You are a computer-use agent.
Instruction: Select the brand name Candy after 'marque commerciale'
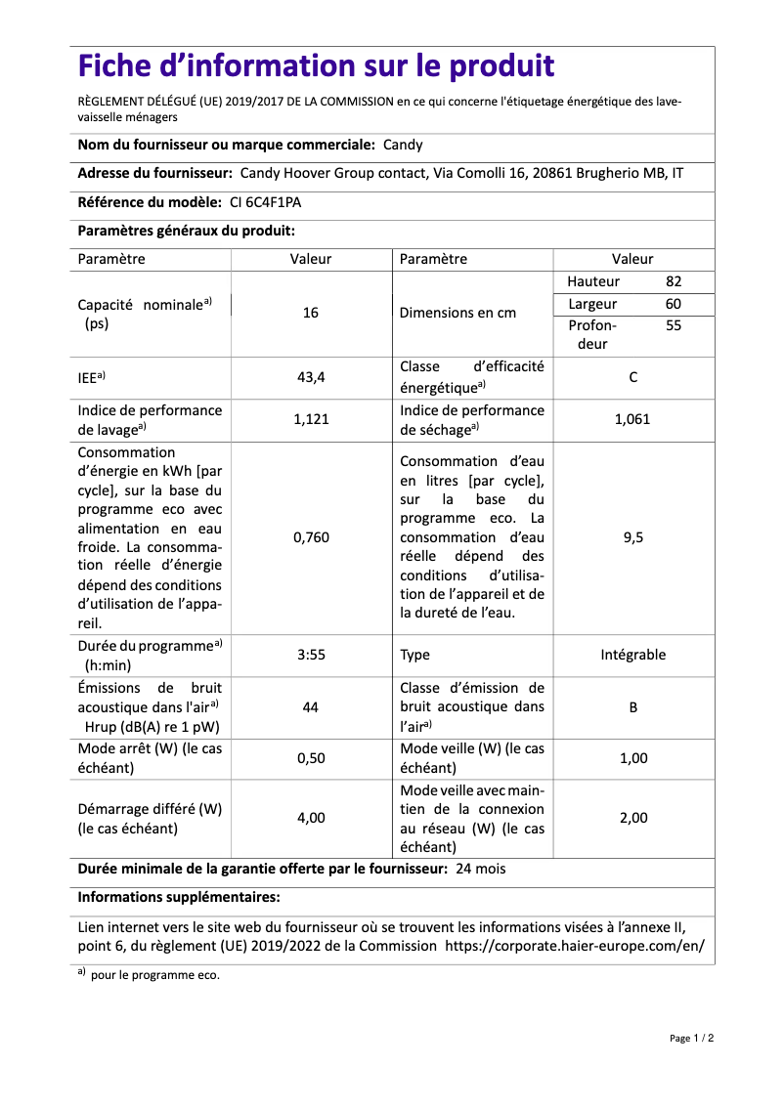coord(403,145)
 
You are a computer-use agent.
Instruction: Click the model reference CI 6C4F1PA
coord(266,202)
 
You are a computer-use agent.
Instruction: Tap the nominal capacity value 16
coord(311,313)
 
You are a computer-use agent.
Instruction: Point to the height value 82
coord(674,281)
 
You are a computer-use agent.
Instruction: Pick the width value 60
coord(674,304)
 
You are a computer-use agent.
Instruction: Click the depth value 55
coord(674,325)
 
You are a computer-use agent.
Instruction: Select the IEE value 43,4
coord(311,376)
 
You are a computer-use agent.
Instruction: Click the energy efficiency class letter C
coord(633,376)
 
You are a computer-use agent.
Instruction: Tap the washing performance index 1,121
coord(311,419)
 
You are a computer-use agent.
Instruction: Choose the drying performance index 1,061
coord(633,419)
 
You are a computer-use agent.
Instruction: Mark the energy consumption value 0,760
coord(311,537)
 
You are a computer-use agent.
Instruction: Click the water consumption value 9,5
coord(633,537)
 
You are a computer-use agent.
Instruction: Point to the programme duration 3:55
coord(311,655)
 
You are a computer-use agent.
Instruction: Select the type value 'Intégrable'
coord(633,655)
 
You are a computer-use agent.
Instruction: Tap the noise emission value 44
coord(311,706)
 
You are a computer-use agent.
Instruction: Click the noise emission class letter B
coord(633,706)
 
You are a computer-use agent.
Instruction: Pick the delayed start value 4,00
coord(311,818)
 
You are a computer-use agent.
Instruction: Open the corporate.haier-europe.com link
coord(575,946)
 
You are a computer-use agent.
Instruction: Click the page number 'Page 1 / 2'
coord(692,1038)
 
